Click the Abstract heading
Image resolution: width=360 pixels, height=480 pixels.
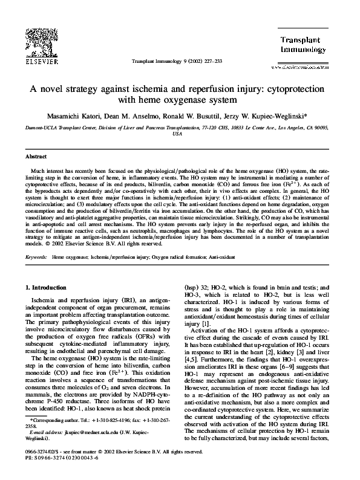pyautogui.click(x=36, y=156)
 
